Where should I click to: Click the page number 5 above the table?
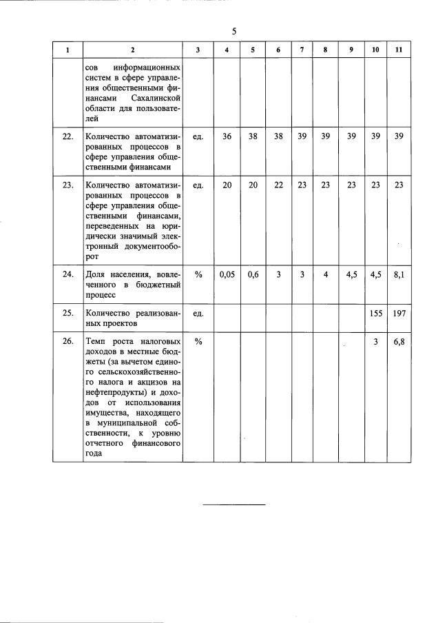tap(234, 31)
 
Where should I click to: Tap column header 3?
tap(198, 50)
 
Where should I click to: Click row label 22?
tap(68, 136)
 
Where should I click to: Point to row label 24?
tap(68, 274)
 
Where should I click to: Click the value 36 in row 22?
tap(227, 136)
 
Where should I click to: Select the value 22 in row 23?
tap(278, 185)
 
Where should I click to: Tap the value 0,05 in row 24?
tap(227, 274)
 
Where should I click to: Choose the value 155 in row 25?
tap(375, 313)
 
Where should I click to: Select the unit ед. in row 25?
tap(198, 313)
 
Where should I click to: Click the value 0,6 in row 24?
tap(253, 274)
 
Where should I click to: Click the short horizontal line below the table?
tap(234, 505)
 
